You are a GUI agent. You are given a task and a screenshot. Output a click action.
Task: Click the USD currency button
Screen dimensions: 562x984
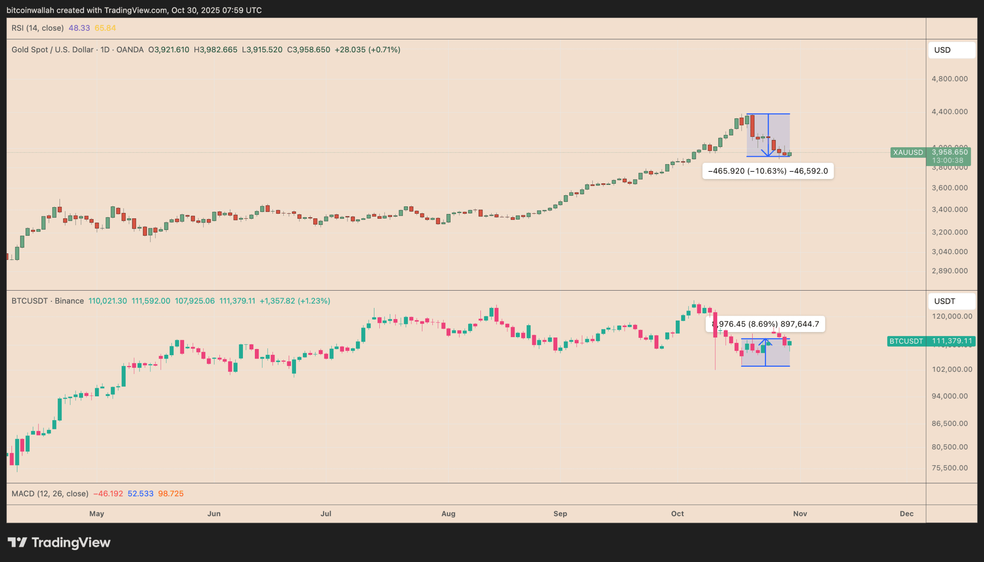(x=951, y=50)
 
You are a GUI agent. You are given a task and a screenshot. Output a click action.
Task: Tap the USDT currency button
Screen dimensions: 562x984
(x=951, y=301)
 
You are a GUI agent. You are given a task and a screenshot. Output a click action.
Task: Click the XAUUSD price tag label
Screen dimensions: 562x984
(x=908, y=153)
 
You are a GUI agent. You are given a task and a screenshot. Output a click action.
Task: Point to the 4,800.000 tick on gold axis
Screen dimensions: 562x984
(x=949, y=79)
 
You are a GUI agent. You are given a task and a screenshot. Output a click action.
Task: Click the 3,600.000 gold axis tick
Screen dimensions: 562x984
(x=949, y=188)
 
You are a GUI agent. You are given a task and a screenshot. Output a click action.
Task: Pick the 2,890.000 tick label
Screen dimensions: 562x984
(x=949, y=271)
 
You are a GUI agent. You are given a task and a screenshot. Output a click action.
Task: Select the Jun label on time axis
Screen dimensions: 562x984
(x=214, y=514)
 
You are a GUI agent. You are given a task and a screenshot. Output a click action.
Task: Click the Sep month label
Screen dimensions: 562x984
(x=560, y=514)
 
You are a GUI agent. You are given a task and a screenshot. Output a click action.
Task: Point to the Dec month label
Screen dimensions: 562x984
(x=906, y=514)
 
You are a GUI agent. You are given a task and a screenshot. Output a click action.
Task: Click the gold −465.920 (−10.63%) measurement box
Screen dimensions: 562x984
(x=768, y=171)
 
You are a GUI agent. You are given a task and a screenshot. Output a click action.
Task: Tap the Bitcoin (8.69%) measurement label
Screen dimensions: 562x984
(x=765, y=324)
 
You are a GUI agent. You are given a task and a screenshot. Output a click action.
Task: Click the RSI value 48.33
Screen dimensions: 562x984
(x=79, y=28)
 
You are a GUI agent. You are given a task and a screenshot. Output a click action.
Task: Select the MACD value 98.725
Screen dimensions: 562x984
(x=171, y=494)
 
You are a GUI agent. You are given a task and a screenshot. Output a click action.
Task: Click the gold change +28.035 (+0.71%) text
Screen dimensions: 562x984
(x=367, y=50)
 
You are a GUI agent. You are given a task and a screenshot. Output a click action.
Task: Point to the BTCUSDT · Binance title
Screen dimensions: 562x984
(x=47, y=301)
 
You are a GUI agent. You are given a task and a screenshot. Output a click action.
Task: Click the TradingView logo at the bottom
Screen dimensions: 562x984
(x=59, y=543)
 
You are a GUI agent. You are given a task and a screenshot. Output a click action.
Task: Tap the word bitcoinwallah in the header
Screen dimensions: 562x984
(x=30, y=10)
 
